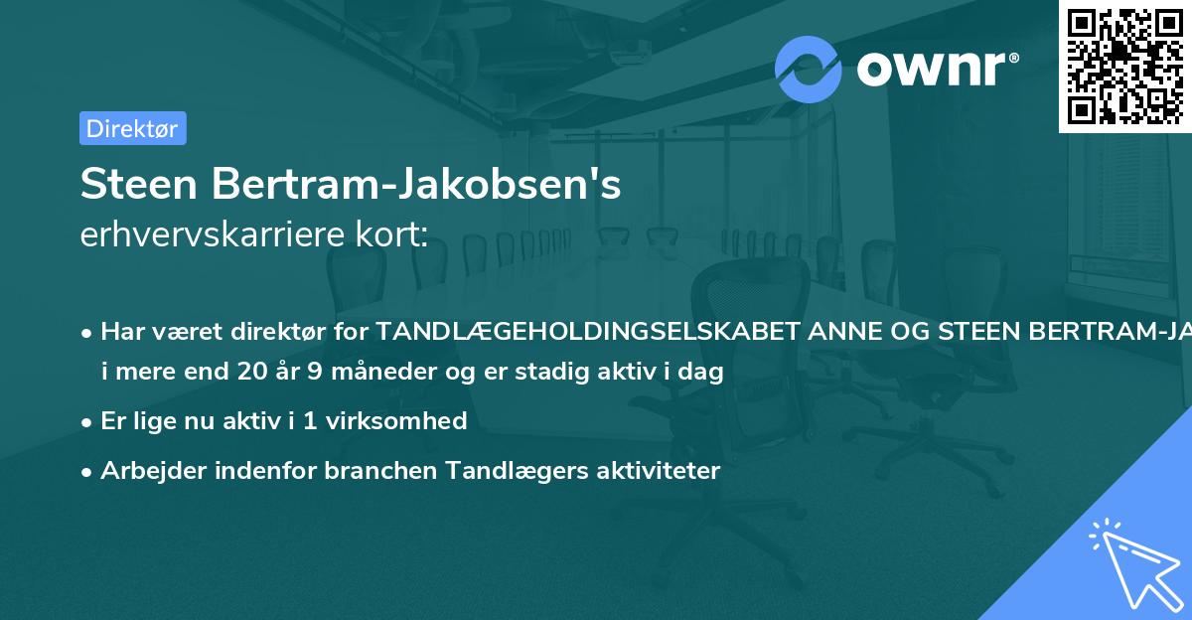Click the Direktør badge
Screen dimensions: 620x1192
point(132,128)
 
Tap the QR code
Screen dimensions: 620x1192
point(1125,66)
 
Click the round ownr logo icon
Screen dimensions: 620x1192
point(809,70)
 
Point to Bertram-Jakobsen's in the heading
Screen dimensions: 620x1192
point(417,185)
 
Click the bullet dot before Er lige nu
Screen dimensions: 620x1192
point(88,421)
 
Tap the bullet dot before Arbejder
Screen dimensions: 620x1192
point(88,471)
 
